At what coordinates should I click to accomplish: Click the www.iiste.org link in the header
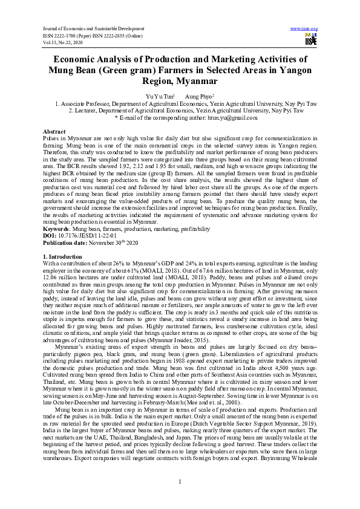[x=304, y=28]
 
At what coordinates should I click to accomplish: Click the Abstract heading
[x=54, y=131]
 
